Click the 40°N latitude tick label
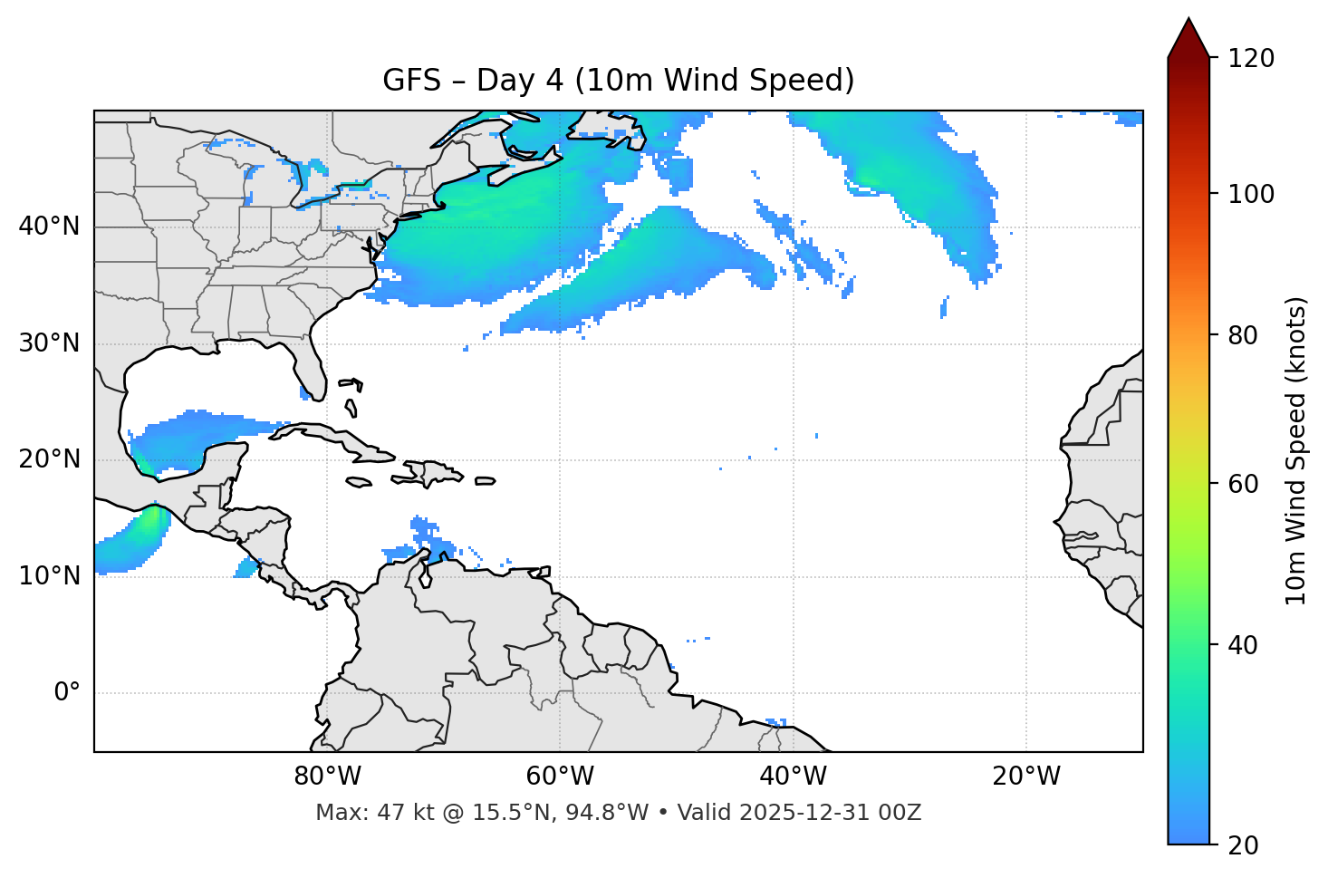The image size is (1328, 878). point(49,227)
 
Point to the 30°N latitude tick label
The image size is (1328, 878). point(49,343)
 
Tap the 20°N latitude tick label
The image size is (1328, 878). point(49,459)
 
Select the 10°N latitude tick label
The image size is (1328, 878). point(49,576)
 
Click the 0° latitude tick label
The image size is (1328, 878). point(67,693)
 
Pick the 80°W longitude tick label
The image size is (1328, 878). point(327,777)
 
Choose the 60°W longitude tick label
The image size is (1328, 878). point(560,777)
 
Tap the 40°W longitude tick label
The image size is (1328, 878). point(793,777)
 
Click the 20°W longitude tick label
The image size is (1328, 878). point(1025,777)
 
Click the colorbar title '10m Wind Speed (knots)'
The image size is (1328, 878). point(1296,450)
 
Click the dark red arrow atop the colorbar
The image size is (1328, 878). point(1188,38)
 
